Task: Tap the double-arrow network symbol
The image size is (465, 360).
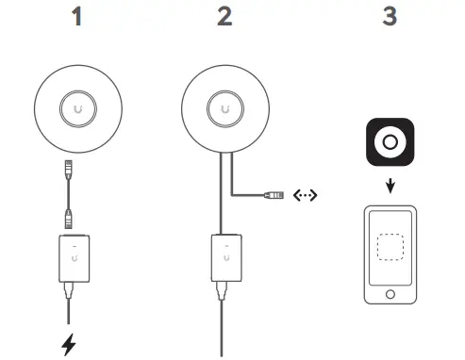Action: [307, 196]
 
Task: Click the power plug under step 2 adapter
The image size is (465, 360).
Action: [224, 287]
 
